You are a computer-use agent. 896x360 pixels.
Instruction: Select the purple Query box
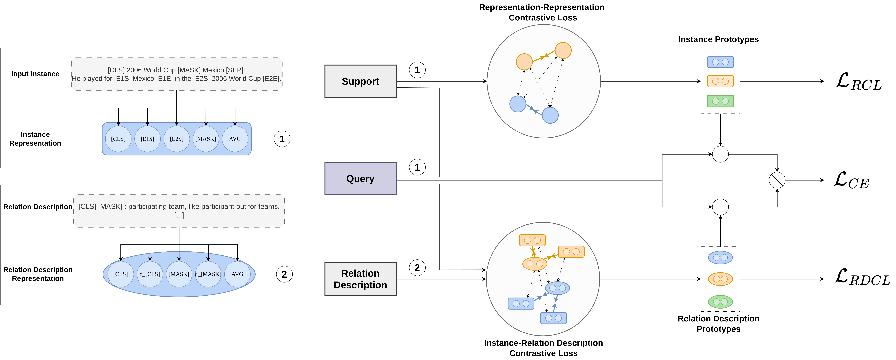point(360,178)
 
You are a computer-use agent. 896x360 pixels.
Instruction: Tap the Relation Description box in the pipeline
point(360,279)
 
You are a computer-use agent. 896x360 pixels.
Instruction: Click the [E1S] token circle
point(147,139)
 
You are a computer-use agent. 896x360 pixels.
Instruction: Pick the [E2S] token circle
point(177,139)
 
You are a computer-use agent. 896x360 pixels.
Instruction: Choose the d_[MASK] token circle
point(208,274)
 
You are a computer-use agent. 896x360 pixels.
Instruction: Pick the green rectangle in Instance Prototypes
point(720,101)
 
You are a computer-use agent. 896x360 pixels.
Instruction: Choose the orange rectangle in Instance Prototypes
point(720,81)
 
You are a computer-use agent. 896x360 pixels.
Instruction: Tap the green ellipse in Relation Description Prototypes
point(720,302)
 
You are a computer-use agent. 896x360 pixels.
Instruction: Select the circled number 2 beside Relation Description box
point(417,268)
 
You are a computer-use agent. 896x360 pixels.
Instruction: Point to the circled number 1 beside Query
point(417,167)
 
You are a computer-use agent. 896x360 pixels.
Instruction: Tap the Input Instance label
point(35,74)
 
